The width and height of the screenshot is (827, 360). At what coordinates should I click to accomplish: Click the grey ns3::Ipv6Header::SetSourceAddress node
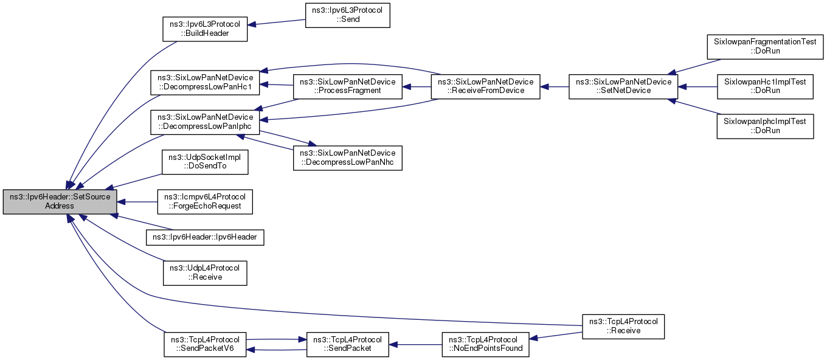pos(60,202)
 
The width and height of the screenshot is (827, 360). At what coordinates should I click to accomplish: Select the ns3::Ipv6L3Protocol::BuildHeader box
pos(205,29)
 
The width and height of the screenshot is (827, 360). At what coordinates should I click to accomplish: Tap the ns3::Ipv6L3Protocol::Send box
pos(347,15)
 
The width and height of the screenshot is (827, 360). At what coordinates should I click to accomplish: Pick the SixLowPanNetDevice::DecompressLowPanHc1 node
pos(205,82)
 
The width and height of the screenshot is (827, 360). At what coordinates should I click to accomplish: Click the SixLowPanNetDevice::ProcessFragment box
pos(347,86)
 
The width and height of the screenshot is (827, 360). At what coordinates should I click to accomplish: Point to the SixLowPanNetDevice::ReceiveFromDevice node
pos(485,86)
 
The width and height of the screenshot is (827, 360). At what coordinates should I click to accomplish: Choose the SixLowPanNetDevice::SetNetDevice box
pos(623,86)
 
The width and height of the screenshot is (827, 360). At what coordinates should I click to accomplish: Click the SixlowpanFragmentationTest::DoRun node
pos(765,47)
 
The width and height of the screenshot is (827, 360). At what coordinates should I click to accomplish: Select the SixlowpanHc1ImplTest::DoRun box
pos(765,86)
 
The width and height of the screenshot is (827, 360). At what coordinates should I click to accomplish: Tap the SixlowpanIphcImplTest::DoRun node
pos(765,126)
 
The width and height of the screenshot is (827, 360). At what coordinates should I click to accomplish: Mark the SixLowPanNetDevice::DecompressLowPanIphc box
pos(205,122)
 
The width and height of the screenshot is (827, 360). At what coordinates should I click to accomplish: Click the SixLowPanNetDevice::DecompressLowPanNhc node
pos(347,158)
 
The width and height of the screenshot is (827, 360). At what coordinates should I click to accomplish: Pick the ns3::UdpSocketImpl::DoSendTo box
pos(205,162)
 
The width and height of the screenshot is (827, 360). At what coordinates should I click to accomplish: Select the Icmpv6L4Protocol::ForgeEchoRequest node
pos(205,202)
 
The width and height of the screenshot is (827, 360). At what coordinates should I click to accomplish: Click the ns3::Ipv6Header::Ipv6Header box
pos(205,237)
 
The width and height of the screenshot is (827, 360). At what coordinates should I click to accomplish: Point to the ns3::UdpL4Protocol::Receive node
pos(205,273)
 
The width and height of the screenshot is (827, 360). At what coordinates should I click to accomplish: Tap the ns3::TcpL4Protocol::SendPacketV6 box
pos(205,344)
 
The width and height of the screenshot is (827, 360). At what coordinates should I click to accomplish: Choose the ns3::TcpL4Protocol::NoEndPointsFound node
pos(485,344)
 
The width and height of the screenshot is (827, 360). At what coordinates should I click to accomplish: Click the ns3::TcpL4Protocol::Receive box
pos(623,327)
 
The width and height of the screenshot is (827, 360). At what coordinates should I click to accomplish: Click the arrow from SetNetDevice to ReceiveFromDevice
pos(555,87)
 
